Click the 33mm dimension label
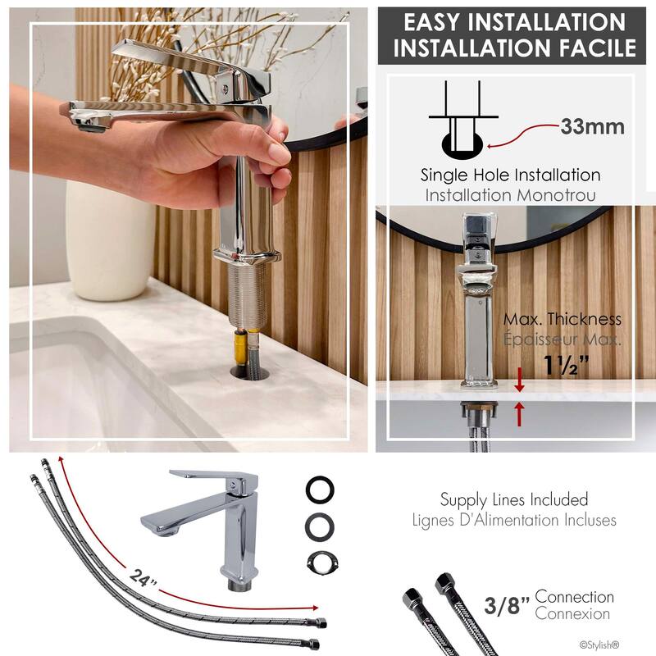tap(592, 127)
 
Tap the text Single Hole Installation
tap(510, 175)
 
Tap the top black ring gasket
tap(320, 490)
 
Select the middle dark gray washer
tap(320, 525)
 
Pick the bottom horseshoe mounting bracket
tap(320, 561)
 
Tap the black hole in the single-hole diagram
tap(464, 146)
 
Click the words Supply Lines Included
tap(514, 499)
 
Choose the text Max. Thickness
tap(562, 319)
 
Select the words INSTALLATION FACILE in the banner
tap(514, 48)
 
